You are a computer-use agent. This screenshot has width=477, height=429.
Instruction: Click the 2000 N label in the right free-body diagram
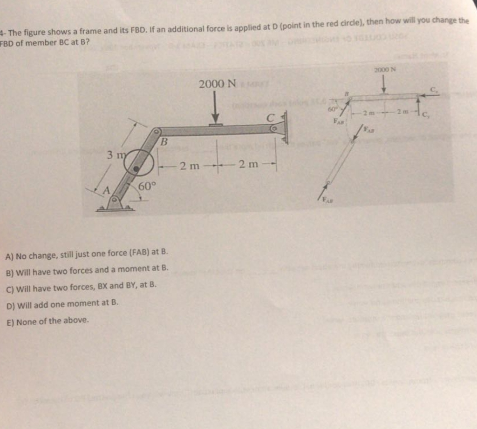tap(384, 69)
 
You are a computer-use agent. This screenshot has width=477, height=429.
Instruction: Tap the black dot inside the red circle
tap(136, 169)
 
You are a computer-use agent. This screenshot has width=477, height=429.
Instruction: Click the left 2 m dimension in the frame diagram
tap(190, 165)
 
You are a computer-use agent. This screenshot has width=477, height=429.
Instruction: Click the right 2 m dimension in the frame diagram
tap(248, 165)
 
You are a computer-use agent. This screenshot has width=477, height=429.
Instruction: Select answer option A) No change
tap(86, 254)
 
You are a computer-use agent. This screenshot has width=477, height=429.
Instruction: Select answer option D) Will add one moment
tap(62, 303)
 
